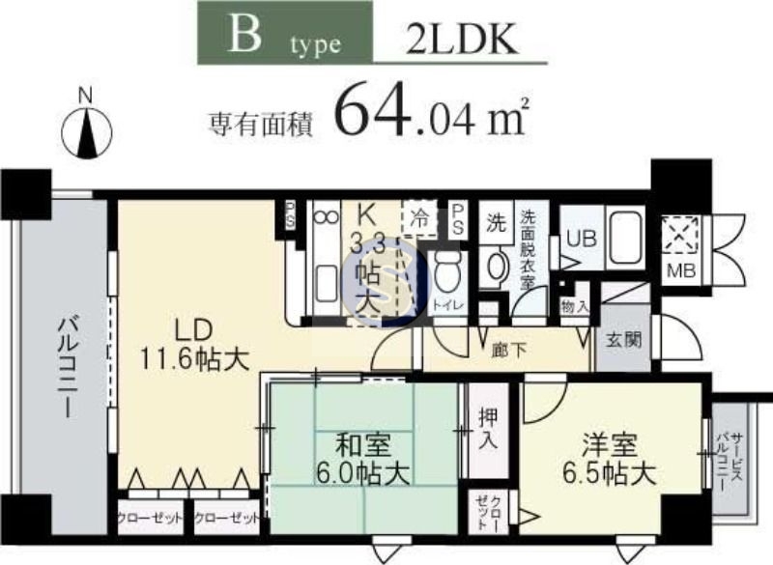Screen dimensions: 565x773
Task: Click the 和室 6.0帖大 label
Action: coord(362,459)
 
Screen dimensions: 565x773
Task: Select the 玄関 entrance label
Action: coord(619,340)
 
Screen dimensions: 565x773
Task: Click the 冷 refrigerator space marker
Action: coord(421,217)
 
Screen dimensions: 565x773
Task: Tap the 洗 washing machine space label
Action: coord(496,218)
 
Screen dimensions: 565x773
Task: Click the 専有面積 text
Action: coord(261,123)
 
